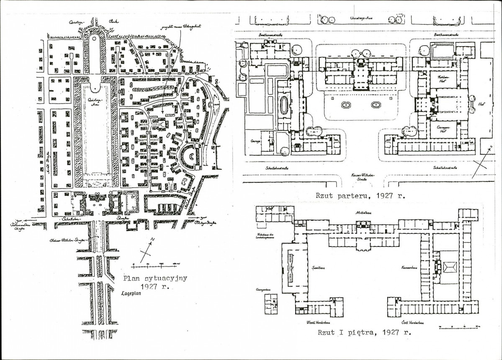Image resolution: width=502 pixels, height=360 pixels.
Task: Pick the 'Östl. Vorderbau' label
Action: (x=414, y=323)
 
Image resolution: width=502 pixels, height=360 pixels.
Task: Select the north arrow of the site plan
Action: (x=147, y=249)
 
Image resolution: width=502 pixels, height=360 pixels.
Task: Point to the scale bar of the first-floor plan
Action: (x=458, y=326)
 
